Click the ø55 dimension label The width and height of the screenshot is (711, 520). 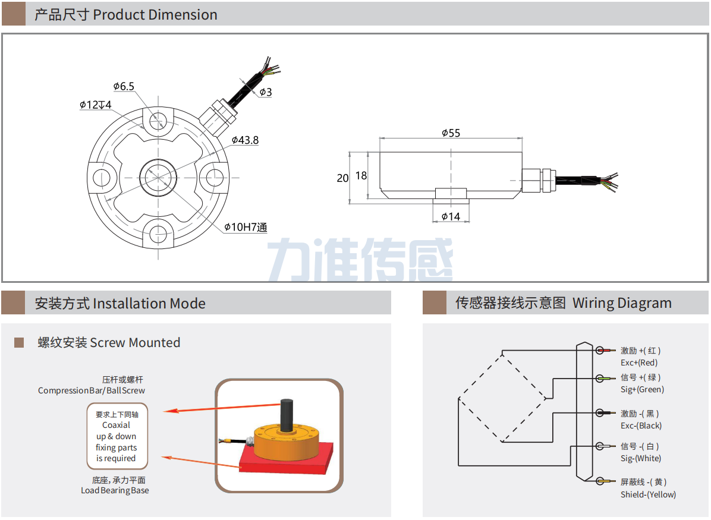pos(451,133)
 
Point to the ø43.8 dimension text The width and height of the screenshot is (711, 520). pos(245,140)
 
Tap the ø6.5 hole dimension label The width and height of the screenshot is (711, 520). pos(124,87)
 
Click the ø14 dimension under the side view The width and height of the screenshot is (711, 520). pos(451,216)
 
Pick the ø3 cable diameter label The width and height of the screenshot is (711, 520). pos(266,92)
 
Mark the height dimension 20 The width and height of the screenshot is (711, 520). pos(342,178)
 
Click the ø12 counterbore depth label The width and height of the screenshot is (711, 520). pos(96,105)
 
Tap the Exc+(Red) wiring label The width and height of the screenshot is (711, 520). pos(639,363)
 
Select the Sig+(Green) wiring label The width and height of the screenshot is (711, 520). pos(642,390)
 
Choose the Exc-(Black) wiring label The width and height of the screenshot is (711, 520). pos(641,426)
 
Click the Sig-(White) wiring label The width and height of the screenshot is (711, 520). pos(640,458)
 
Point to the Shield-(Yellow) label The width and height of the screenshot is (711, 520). pos(648,494)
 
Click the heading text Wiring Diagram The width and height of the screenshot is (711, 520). pos(622,303)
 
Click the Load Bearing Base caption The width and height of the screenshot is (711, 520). pos(115,491)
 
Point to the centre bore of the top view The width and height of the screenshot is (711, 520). pos(158,177)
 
